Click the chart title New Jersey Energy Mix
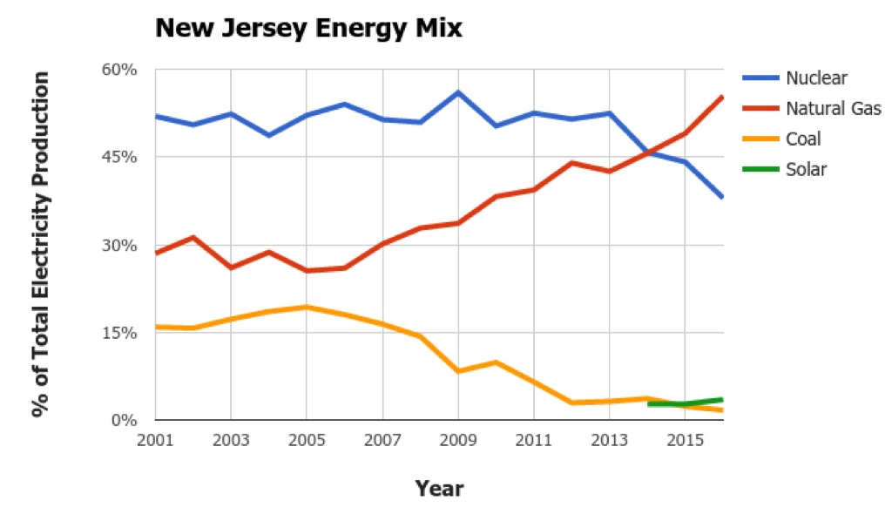(308, 29)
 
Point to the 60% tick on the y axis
(122, 70)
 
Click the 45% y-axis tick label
(122, 157)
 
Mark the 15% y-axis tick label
(122, 333)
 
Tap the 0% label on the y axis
(127, 420)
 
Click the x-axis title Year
(439, 488)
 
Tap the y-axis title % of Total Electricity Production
(40, 244)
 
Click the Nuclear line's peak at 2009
(458, 92)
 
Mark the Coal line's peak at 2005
(307, 307)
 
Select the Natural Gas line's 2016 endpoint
(722, 97)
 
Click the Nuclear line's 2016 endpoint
(722, 197)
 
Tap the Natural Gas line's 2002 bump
(193, 237)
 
